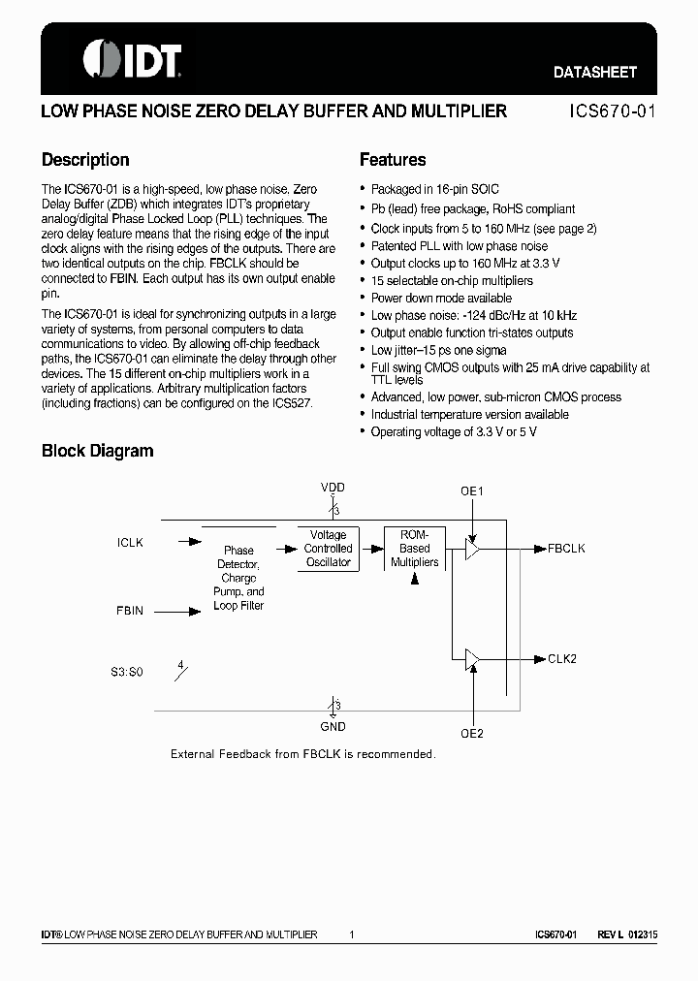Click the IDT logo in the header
[132, 59]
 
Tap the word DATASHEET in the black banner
[594, 73]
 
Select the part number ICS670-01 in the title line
[612, 111]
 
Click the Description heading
[85, 160]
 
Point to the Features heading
[393, 160]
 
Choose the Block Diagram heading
[97, 451]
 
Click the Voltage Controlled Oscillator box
[328, 549]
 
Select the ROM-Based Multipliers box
[414, 549]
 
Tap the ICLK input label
[130, 543]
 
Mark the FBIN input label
[130, 611]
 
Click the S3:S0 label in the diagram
[126, 671]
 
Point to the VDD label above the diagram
[333, 488]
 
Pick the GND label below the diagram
[333, 726]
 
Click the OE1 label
[472, 491]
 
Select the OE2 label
[472, 734]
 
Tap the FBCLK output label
[566, 549]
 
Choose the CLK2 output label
[562, 659]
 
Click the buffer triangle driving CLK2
[472, 659]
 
